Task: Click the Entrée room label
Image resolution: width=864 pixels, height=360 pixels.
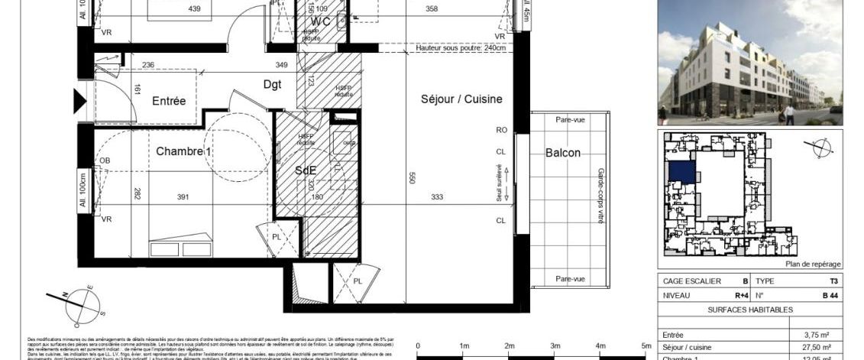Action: point(169,101)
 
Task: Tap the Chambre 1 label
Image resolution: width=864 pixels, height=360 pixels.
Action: point(183,151)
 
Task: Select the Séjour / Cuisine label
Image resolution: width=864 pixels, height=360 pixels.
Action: point(461,99)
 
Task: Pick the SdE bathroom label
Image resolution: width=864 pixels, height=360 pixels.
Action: point(306,171)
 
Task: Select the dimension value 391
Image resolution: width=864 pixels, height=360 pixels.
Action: point(183,197)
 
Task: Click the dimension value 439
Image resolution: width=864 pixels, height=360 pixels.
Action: point(195,9)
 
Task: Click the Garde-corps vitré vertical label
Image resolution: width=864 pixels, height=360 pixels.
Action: point(600,196)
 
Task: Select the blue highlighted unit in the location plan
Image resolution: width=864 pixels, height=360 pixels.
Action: point(681,171)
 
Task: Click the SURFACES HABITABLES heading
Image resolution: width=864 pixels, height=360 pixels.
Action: point(749,310)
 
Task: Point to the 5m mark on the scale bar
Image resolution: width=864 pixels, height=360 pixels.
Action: point(646,346)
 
